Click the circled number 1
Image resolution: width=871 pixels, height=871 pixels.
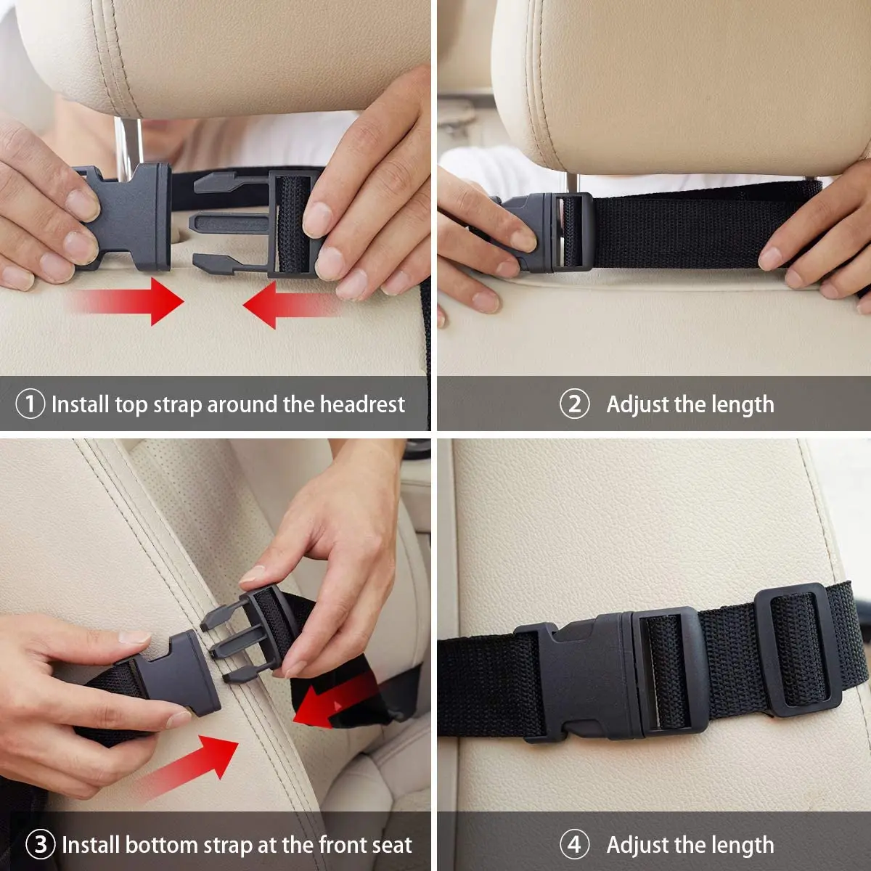(x=30, y=404)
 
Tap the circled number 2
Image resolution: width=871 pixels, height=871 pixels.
(x=574, y=404)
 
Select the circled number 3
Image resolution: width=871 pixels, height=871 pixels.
(x=41, y=844)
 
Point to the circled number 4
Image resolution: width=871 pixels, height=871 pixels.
(x=574, y=844)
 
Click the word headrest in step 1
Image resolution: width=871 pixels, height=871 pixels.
(x=362, y=404)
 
